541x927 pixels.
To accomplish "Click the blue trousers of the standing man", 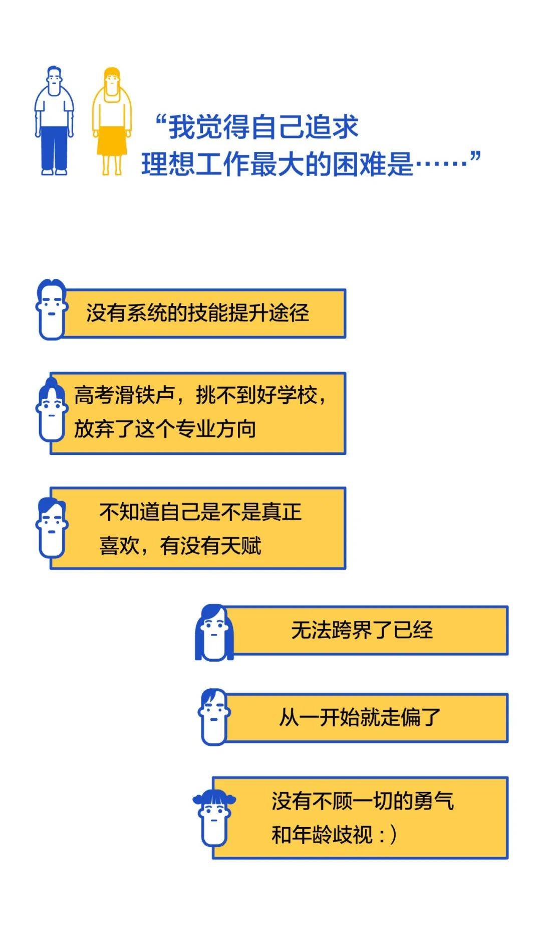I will pos(54,149).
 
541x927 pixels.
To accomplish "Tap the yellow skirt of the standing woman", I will pos(112,141).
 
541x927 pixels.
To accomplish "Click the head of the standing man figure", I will pos(54,78).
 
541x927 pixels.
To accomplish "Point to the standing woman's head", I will pos(112,79).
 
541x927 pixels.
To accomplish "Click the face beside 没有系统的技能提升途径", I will pos(52,309).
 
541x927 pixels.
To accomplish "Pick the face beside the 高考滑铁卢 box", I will pos(52,410).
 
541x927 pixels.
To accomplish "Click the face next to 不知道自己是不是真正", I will pos(52,528).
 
